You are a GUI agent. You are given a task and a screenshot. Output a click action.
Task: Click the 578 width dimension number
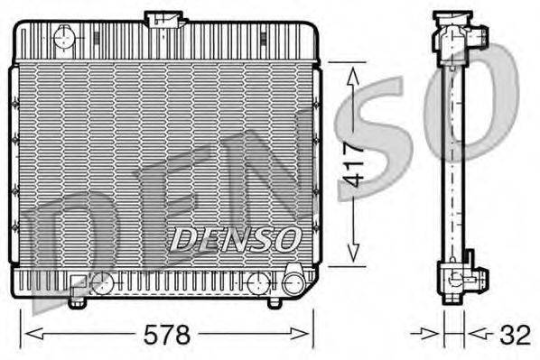[167, 335]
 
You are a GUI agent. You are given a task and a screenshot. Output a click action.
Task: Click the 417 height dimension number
[353, 164]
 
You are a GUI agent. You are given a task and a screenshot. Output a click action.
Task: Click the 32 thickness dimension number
[515, 335]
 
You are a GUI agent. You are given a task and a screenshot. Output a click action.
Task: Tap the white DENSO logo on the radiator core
[235, 239]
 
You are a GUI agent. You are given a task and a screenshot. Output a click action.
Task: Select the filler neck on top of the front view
[164, 19]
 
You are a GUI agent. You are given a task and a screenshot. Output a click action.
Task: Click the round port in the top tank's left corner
[64, 37]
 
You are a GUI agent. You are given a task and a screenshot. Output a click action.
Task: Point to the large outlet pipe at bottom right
[294, 281]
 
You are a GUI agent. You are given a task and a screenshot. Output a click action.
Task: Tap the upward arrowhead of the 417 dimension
[353, 77]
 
